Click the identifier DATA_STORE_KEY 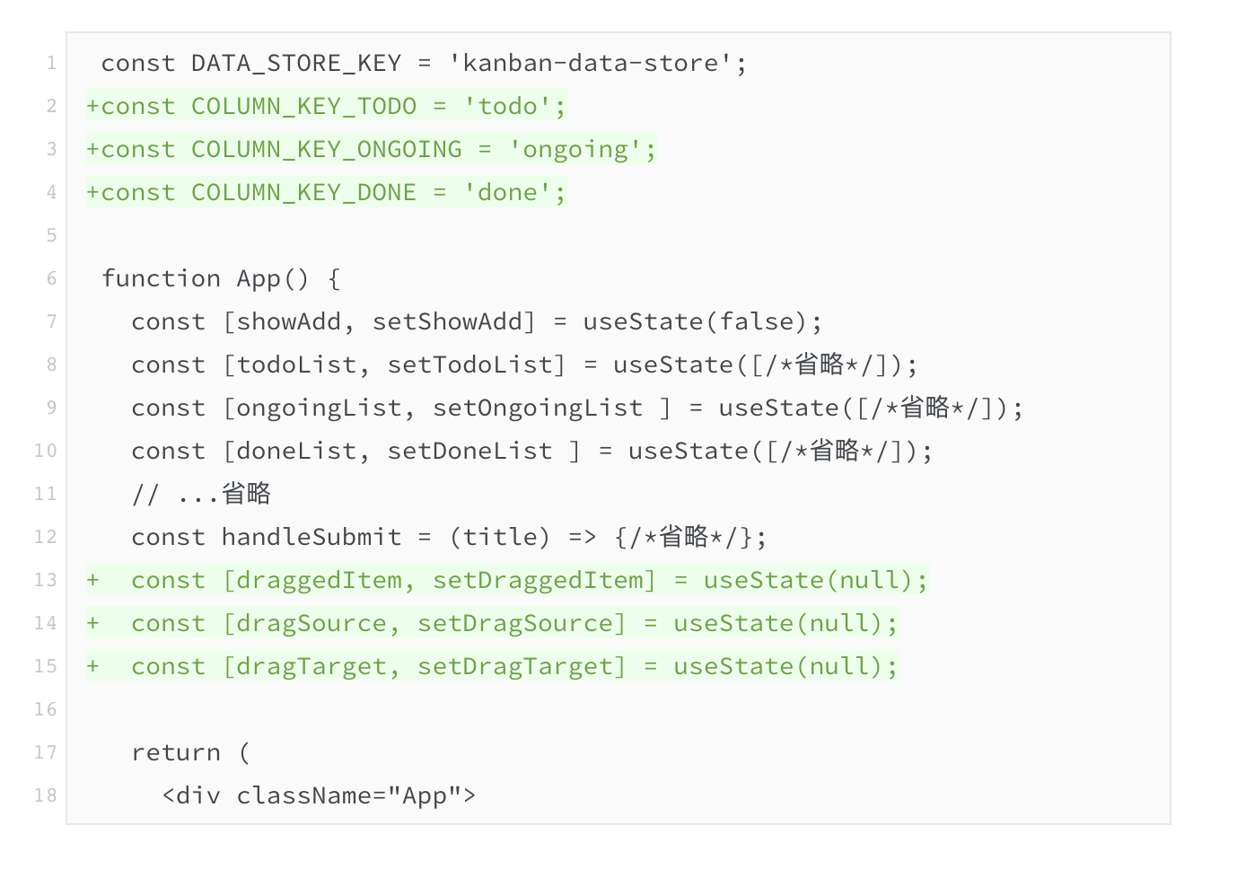coord(295,63)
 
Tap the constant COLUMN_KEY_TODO coord(303,106)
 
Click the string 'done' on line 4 coord(508,192)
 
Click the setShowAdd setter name coord(447,321)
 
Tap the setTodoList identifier coord(469,364)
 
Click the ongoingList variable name coord(311,408)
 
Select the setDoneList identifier coord(469,451)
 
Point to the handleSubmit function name coord(311,537)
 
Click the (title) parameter coord(499,537)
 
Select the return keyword coord(176,752)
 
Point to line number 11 coord(45,494)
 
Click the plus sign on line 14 coord(92,623)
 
